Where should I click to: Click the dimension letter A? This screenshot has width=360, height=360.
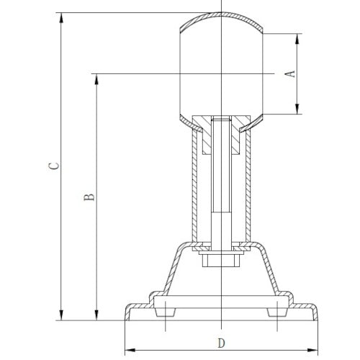point(290,74)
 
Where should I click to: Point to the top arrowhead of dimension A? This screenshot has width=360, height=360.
point(296,37)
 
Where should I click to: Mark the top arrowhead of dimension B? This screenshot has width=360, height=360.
point(95,76)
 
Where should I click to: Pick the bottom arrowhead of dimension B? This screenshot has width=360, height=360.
point(95,315)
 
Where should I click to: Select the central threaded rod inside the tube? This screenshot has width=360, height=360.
point(221,187)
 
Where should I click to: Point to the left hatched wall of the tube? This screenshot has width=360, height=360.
point(192,187)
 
